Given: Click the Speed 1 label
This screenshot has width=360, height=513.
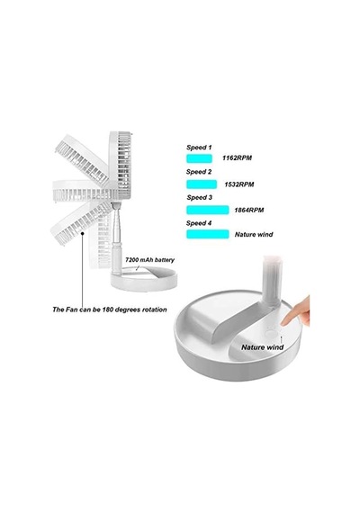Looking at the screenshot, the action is coord(199,148).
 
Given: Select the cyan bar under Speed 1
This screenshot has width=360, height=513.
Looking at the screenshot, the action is coord(199,158).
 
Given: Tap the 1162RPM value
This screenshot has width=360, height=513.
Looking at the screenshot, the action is coord(238,158).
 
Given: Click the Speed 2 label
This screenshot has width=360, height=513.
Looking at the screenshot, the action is coord(199,172).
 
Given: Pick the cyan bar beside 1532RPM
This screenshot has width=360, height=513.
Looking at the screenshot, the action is coord(202,184).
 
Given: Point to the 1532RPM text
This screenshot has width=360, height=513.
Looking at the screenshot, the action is coord(239,184).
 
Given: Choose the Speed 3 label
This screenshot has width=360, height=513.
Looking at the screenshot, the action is coord(200,198).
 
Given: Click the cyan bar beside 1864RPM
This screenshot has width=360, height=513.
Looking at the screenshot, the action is coord(208,210).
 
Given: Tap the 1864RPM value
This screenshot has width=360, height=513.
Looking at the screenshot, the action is coord(249,210).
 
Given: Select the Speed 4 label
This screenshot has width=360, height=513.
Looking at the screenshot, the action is coord(199,223).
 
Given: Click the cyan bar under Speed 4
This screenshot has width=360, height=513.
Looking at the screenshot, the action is coord(208,234).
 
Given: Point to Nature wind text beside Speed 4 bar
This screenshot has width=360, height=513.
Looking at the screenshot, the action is coord(254,235).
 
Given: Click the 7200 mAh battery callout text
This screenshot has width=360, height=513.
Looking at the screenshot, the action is coord(150,260).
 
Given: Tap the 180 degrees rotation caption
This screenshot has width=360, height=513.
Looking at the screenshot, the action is coord(110,310).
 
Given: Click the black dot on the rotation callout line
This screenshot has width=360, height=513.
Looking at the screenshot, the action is coord(83,233).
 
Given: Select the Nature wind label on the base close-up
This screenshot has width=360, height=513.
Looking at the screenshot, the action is coord(263,347).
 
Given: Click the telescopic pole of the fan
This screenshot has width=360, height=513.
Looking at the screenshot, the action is coord(116,236).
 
